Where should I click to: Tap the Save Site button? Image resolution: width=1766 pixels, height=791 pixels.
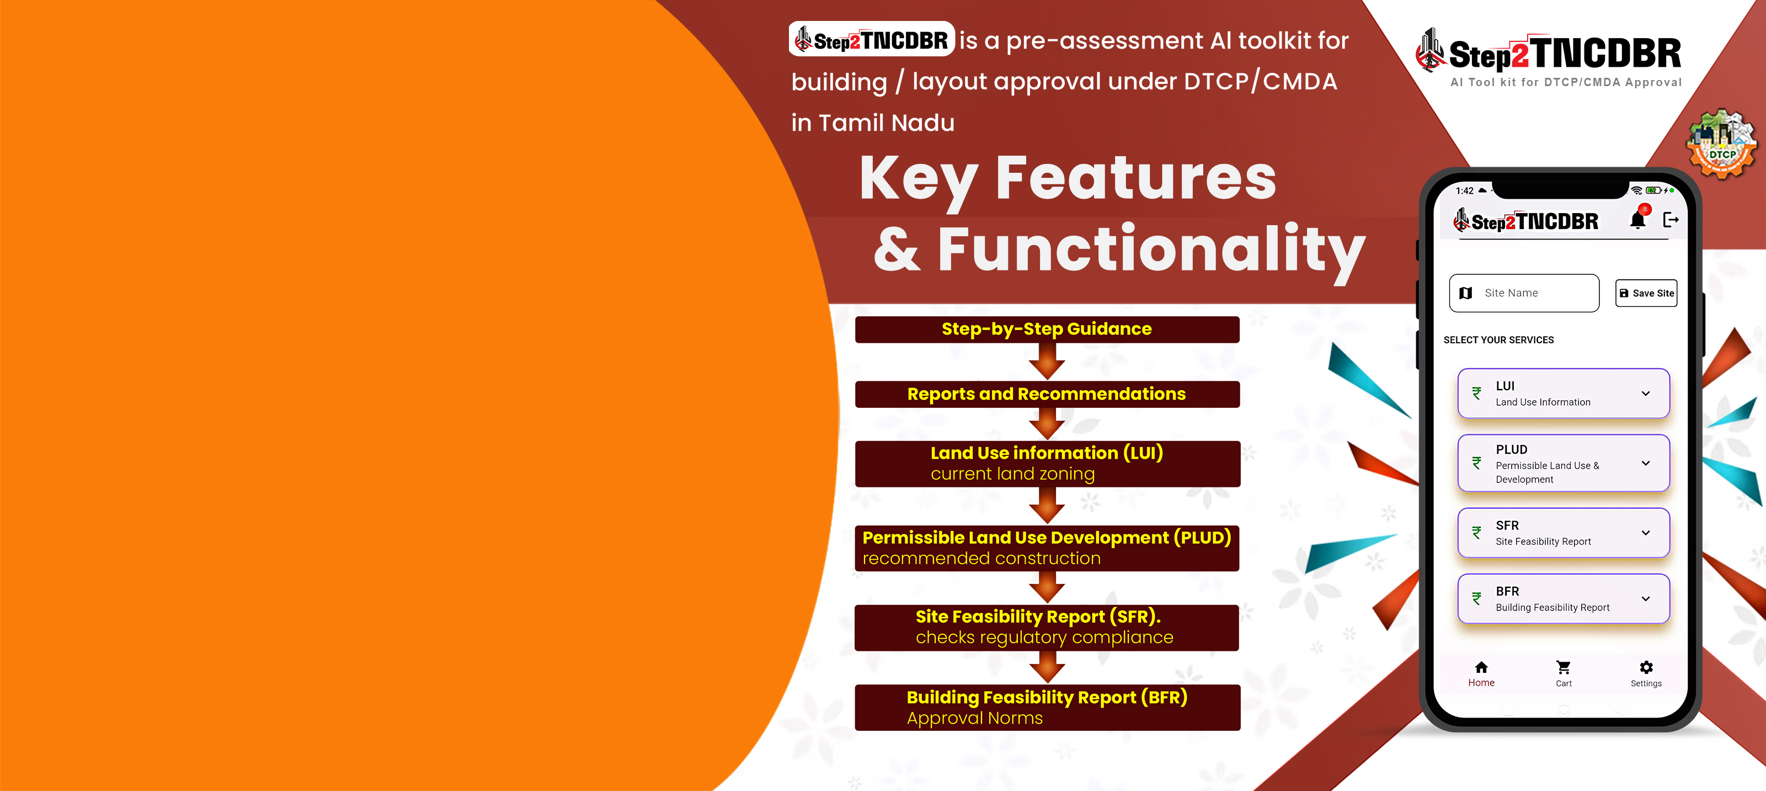(1646, 293)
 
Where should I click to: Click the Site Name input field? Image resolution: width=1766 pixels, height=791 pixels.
(1524, 293)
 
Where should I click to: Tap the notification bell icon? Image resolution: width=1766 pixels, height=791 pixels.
(1638, 220)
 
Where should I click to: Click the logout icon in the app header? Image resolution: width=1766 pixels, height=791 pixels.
(1671, 220)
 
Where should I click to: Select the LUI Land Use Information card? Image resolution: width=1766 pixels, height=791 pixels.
(1563, 393)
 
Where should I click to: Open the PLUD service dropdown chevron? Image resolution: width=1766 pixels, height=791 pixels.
(1645, 463)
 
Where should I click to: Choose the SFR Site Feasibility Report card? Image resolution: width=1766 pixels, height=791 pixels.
(1563, 532)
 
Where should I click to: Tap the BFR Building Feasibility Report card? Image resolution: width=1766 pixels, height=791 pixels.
(1563, 598)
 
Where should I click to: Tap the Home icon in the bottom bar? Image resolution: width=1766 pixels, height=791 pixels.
(1481, 667)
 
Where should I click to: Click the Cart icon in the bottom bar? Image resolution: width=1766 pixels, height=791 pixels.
(1564, 667)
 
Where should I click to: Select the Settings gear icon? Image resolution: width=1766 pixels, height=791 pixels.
(1646, 667)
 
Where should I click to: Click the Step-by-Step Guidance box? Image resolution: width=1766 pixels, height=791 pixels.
(1047, 330)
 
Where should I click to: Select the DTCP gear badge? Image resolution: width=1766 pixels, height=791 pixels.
(1721, 145)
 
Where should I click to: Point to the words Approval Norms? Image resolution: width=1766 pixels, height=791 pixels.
(974, 718)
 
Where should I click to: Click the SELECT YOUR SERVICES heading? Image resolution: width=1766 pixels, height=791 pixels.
(1498, 340)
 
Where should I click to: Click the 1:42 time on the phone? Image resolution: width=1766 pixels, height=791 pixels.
(1464, 191)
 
